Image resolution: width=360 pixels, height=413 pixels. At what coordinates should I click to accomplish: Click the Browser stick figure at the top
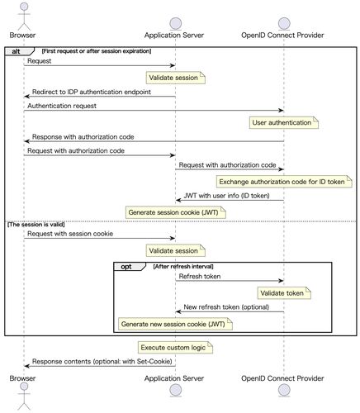pos(24,16)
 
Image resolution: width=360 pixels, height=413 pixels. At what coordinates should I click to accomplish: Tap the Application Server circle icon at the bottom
pos(176,390)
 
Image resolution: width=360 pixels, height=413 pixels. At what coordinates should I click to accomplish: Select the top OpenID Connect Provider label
pos(282,36)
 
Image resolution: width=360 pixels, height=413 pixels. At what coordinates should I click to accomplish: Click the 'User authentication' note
pos(284,122)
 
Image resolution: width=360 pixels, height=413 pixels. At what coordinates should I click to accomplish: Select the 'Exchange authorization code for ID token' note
pos(284,182)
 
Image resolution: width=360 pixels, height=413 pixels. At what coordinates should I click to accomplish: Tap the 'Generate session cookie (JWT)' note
pos(176,212)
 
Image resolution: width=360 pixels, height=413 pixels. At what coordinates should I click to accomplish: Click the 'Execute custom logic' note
pos(175,348)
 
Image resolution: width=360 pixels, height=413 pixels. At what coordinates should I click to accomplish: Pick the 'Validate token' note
pos(284,293)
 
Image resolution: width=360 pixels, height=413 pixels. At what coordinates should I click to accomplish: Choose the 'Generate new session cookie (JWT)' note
pos(175,324)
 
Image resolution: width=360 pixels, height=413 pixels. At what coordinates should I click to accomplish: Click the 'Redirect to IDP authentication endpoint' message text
pos(92,92)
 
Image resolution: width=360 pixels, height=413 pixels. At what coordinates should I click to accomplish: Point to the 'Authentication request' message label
pos(62,106)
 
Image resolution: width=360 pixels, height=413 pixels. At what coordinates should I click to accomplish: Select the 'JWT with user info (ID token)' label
pos(226,196)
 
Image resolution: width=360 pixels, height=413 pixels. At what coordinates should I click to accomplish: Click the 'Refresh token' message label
pos(200,276)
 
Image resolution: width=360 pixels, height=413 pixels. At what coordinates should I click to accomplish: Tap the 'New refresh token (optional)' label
pos(226,307)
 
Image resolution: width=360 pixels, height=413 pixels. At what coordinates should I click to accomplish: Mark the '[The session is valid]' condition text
pos(36,225)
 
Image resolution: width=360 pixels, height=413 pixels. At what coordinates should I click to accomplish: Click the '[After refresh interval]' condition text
pos(183,267)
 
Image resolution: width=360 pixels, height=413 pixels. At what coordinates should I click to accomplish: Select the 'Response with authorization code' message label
pos(83,137)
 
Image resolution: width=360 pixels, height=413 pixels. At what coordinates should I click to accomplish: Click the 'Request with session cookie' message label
pos(70,234)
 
